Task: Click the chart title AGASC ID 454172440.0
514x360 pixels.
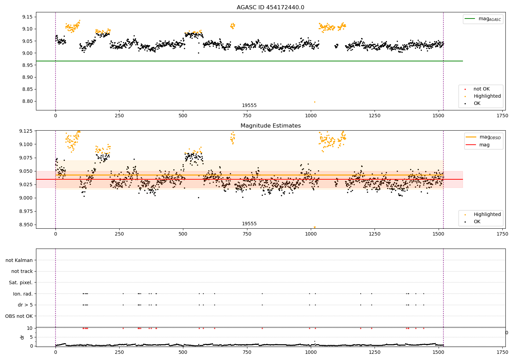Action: tap(270, 8)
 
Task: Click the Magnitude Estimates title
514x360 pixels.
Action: tap(270, 126)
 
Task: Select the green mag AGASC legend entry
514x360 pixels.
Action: tap(483, 19)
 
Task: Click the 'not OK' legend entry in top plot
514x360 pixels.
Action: tap(481, 89)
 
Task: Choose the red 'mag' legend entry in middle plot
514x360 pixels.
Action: tap(484, 145)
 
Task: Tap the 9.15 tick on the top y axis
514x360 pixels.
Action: tap(27, 17)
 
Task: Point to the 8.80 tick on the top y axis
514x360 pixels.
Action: tap(27, 101)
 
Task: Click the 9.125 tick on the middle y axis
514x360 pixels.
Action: tap(25, 131)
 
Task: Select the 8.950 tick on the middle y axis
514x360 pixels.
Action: tap(25, 225)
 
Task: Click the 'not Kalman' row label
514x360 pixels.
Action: tap(19, 260)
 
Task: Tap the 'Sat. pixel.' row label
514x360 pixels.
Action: tap(21, 283)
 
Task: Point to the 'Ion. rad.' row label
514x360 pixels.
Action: tap(23, 294)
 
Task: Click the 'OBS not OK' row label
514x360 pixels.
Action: tap(19, 316)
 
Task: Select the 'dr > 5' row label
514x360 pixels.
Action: tap(25, 305)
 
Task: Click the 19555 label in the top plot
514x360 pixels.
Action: tap(249, 105)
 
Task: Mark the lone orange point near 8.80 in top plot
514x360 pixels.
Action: tap(315, 102)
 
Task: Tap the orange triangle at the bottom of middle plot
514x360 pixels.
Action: tap(315, 227)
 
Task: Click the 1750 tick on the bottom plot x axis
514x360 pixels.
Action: tap(502, 352)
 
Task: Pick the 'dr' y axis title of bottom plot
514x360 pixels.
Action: tap(22, 337)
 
